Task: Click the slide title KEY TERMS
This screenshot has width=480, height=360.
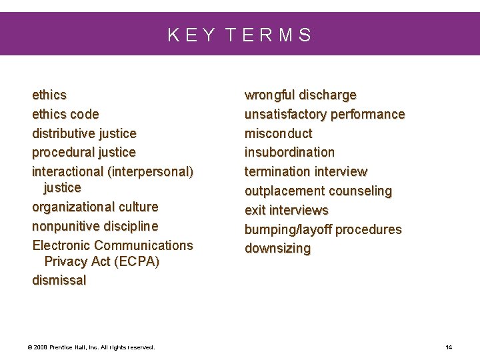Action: click(239, 35)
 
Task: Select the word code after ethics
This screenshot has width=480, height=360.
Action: click(84, 114)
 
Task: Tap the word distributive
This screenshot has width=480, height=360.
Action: click(64, 133)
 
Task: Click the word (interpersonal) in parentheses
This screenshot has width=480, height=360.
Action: click(150, 172)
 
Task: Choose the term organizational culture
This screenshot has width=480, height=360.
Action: click(95, 207)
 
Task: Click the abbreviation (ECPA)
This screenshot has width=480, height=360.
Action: click(137, 261)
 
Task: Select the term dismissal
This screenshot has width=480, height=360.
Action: click(59, 280)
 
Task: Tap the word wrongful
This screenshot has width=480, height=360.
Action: click(270, 95)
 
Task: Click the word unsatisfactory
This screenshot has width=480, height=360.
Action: click(285, 114)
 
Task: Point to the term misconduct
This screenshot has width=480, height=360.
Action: click(278, 133)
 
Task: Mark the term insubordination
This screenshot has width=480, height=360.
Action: click(289, 152)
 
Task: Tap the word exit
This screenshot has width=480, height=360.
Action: click(255, 210)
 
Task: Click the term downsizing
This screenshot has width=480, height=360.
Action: click(277, 248)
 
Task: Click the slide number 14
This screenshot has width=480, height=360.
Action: click(449, 347)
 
